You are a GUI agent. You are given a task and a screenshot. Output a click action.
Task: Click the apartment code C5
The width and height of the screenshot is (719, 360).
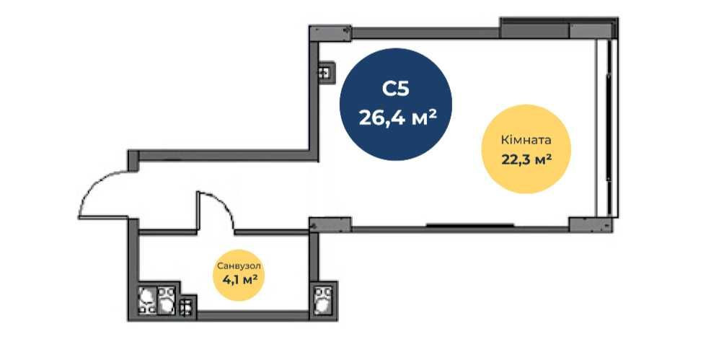tap(395, 89)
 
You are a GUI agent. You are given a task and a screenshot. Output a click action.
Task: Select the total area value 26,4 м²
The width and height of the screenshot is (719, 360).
tap(397, 118)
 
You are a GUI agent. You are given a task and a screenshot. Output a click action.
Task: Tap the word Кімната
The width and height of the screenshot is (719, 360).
tap(526, 140)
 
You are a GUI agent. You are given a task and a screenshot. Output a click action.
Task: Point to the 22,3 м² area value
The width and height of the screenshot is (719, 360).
tap(526, 159)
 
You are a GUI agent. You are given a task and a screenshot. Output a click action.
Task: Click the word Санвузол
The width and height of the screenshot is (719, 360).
tap(239, 266)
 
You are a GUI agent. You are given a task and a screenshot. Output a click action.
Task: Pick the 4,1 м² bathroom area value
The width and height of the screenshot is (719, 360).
tap(239, 280)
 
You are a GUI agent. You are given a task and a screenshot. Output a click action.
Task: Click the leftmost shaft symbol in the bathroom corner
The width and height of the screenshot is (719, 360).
tap(147, 300)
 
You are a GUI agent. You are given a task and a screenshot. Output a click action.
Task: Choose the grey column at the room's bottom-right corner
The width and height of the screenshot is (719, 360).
tap(591, 224)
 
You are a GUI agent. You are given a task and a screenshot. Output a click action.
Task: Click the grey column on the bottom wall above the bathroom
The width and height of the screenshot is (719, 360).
tap(330, 224)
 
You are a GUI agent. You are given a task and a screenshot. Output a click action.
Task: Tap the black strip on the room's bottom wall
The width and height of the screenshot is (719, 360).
tap(470, 225)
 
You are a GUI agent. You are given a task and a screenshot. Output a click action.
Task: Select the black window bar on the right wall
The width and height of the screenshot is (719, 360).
tap(609, 127)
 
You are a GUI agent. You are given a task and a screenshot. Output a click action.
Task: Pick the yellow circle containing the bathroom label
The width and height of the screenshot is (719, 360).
tap(239, 273)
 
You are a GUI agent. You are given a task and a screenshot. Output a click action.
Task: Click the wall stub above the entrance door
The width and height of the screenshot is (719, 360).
tap(133, 160)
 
